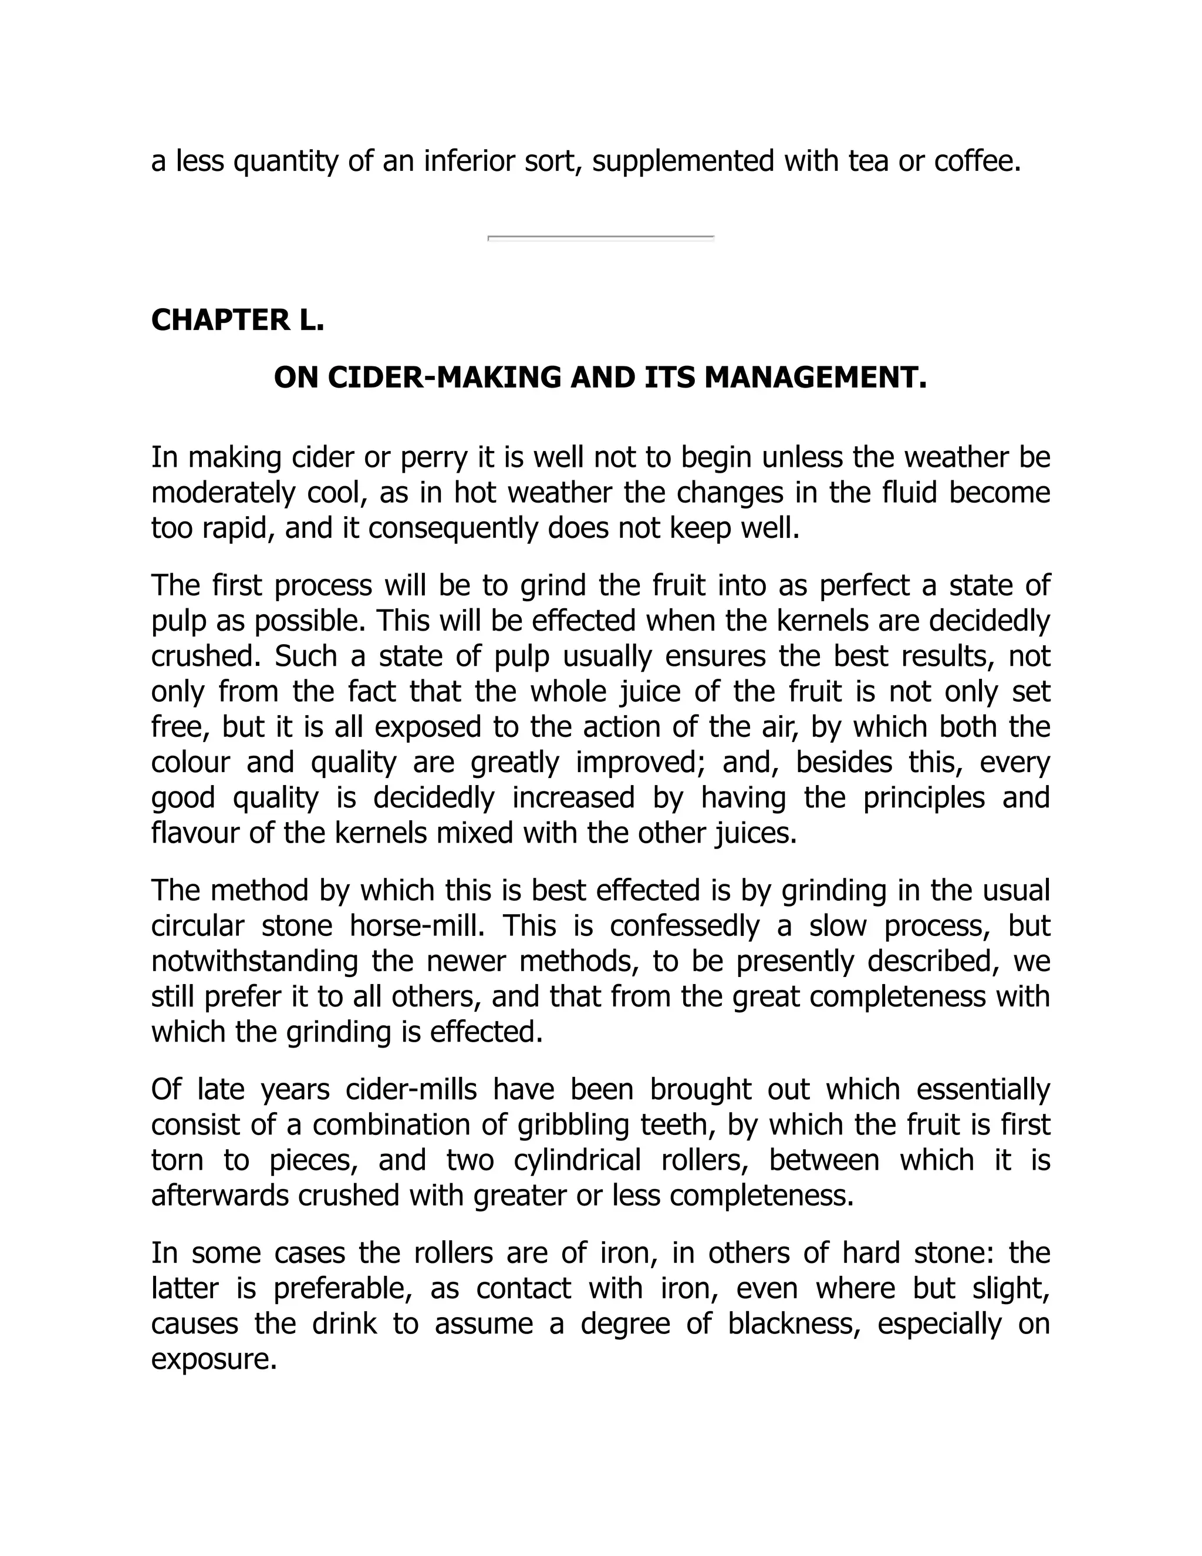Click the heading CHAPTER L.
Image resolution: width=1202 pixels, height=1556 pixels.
click(237, 321)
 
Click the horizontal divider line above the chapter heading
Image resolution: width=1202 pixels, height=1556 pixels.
click(600, 238)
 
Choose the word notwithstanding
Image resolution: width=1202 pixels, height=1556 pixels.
click(254, 962)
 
